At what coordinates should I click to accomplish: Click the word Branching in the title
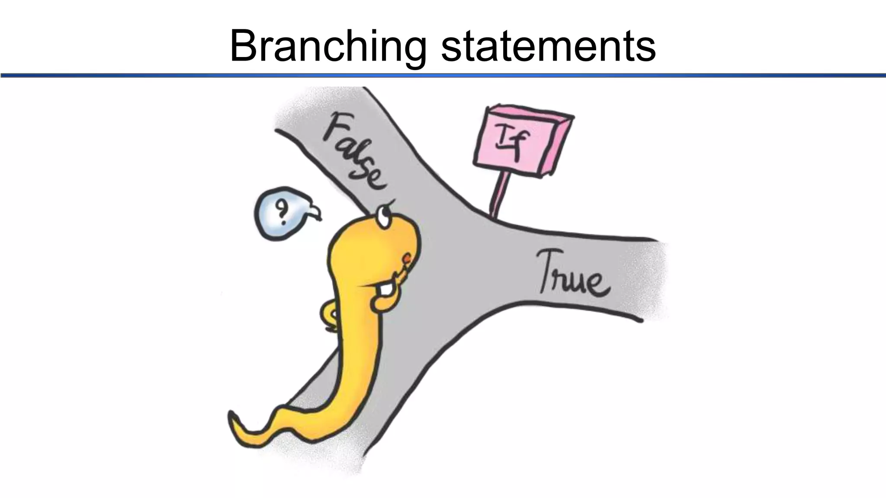tap(328, 47)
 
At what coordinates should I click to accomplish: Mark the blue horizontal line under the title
tap(443, 76)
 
